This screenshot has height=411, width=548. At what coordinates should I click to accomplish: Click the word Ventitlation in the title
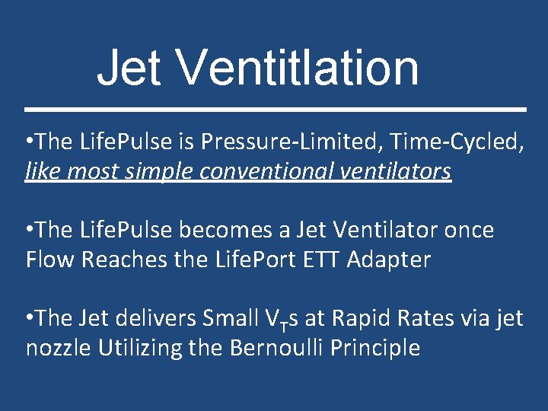[x=298, y=67]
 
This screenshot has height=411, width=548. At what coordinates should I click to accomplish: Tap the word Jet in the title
[x=129, y=67]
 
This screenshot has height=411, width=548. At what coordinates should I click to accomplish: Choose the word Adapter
[x=388, y=259]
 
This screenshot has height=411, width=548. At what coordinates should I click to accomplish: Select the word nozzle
[x=58, y=348]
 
